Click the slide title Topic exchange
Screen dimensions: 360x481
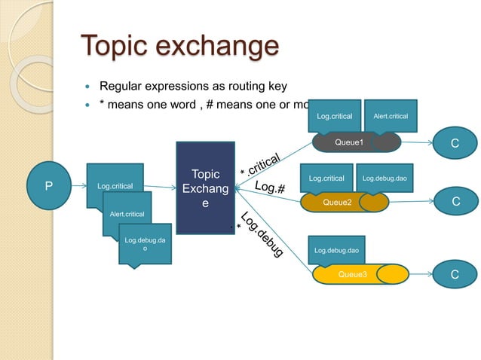coord(179,46)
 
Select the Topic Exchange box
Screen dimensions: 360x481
coord(206,188)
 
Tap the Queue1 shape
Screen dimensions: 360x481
coord(350,142)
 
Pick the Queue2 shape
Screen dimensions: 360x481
coord(337,202)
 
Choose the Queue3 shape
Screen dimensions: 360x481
coord(352,274)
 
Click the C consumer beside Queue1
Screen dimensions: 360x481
coord(455,142)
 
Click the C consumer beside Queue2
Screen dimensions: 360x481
coord(455,202)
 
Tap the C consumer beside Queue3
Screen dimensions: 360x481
coord(455,274)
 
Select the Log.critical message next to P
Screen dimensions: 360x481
coord(115,185)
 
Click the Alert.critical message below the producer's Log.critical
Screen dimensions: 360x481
coord(127,214)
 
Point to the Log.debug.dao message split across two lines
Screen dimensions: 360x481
coord(145,243)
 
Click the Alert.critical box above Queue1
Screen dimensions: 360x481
coord(391,116)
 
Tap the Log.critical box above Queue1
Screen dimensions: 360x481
coord(334,116)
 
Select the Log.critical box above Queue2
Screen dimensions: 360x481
coord(326,178)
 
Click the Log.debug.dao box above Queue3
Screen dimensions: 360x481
coord(336,249)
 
